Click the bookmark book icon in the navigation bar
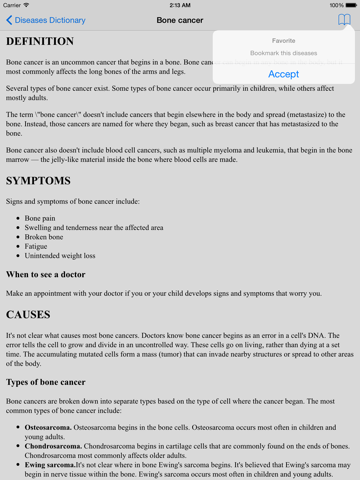pyautogui.click(x=345, y=20)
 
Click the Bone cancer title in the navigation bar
pyautogui.click(x=180, y=20)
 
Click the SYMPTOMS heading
pyautogui.click(x=38, y=181)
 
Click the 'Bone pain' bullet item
pyautogui.click(x=43, y=217)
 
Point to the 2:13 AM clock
pyautogui.click(x=180, y=5)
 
